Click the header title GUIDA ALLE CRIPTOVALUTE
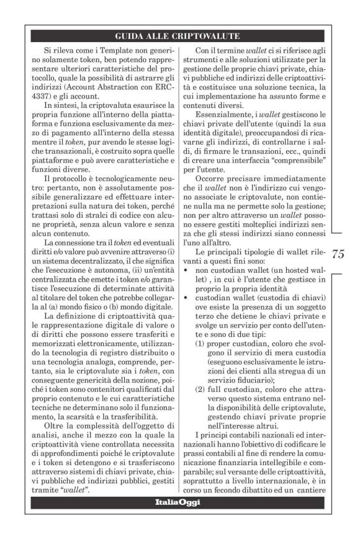point(179,35)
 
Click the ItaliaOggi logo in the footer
point(178,501)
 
